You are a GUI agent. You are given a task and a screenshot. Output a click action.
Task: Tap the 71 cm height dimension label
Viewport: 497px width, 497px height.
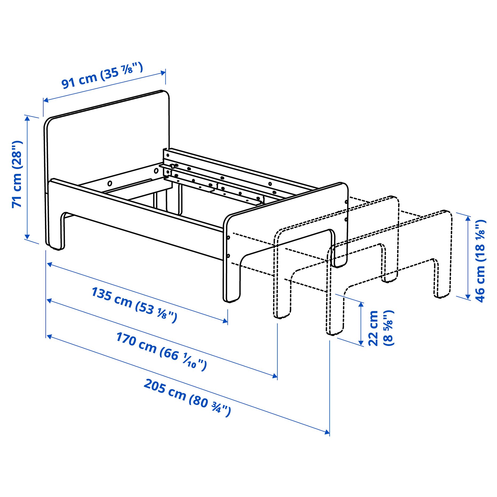(x=17, y=174)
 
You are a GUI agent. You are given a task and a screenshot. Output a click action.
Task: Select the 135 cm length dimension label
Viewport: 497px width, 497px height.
(x=134, y=305)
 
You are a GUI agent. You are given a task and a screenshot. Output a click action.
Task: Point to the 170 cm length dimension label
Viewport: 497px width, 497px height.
(x=161, y=351)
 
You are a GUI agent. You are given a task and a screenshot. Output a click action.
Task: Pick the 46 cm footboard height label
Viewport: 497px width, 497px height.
(x=480, y=261)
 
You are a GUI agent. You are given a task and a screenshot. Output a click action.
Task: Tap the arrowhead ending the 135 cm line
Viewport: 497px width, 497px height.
(x=225, y=321)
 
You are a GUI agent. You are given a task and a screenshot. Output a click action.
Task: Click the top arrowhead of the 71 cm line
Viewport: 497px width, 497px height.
(x=27, y=118)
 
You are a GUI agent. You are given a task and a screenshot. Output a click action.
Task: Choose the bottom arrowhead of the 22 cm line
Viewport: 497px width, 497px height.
(x=361, y=343)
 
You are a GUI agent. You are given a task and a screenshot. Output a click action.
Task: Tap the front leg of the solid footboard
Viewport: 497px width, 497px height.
(x=232, y=283)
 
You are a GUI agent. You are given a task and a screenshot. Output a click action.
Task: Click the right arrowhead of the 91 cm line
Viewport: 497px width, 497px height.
(x=163, y=73)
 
